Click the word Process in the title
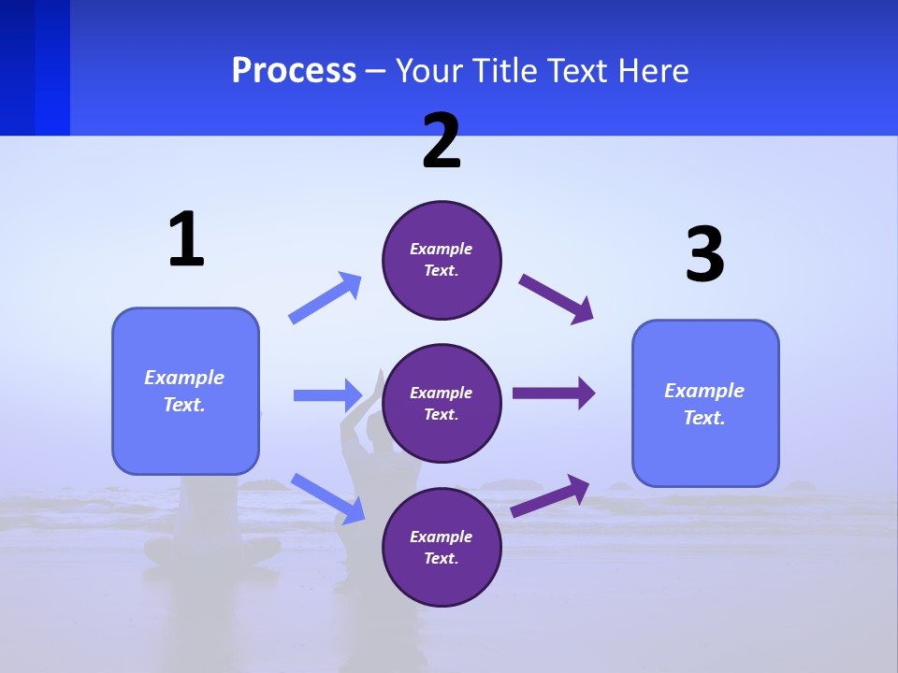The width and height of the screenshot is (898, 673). click(x=294, y=70)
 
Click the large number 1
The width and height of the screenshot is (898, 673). click(x=186, y=239)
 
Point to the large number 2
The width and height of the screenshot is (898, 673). click(x=442, y=141)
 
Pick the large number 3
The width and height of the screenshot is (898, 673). click(x=704, y=255)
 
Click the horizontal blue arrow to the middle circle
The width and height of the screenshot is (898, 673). click(x=327, y=395)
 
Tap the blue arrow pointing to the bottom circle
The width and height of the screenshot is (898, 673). click(x=327, y=497)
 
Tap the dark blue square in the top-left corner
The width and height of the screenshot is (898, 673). click(x=35, y=67)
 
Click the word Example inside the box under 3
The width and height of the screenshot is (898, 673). click(x=704, y=391)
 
